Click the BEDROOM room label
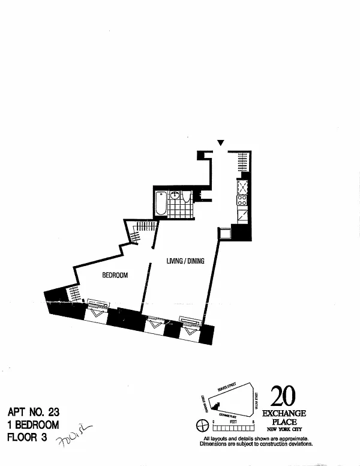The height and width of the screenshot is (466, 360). click(x=115, y=275)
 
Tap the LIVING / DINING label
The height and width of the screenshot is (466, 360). click(x=186, y=261)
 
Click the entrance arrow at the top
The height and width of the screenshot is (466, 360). click(x=221, y=143)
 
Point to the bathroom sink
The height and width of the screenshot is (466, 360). click(x=175, y=195)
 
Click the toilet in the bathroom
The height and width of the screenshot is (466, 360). click(x=187, y=196)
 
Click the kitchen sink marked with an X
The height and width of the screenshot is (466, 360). click(x=242, y=201)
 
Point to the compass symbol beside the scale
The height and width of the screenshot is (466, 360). click(x=202, y=426)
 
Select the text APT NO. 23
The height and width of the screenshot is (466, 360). click(x=34, y=413)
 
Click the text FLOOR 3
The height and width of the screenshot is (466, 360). click(x=27, y=438)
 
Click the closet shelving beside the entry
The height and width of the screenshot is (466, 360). click(x=242, y=160)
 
